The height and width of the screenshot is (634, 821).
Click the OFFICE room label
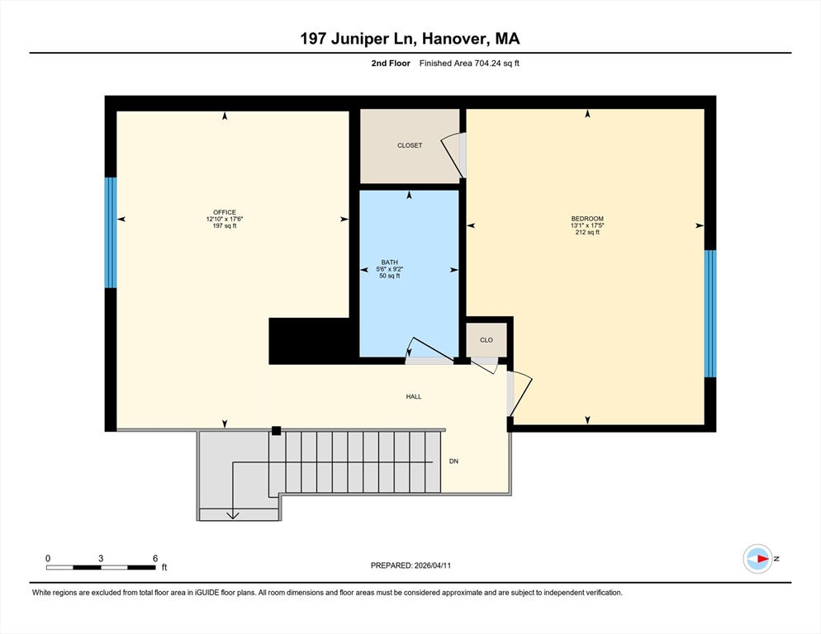[x=225, y=212]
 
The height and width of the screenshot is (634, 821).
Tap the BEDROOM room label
[x=587, y=218]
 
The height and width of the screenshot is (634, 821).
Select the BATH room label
[x=390, y=263]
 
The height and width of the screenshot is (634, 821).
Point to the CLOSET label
[x=410, y=145]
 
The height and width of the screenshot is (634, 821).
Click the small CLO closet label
[x=486, y=340]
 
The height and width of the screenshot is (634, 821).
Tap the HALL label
[x=414, y=397]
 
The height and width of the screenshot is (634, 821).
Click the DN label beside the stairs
[x=454, y=461]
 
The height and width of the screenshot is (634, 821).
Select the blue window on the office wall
[x=111, y=233]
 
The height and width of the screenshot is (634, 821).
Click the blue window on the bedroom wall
[x=710, y=314]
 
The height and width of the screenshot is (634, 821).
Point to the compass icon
[x=758, y=559]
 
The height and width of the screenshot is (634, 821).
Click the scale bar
[x=101, y=567]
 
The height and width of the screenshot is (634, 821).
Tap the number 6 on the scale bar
[x=155, y=559]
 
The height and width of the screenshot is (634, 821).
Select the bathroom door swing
[x=429, y=350]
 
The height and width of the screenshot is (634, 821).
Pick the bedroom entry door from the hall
[x=520, y=394]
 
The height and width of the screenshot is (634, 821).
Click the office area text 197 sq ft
[x=225, y=226]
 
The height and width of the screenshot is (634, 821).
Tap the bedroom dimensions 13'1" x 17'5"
[x=587, y=225]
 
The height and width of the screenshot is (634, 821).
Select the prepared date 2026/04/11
[x=433, y=565]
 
